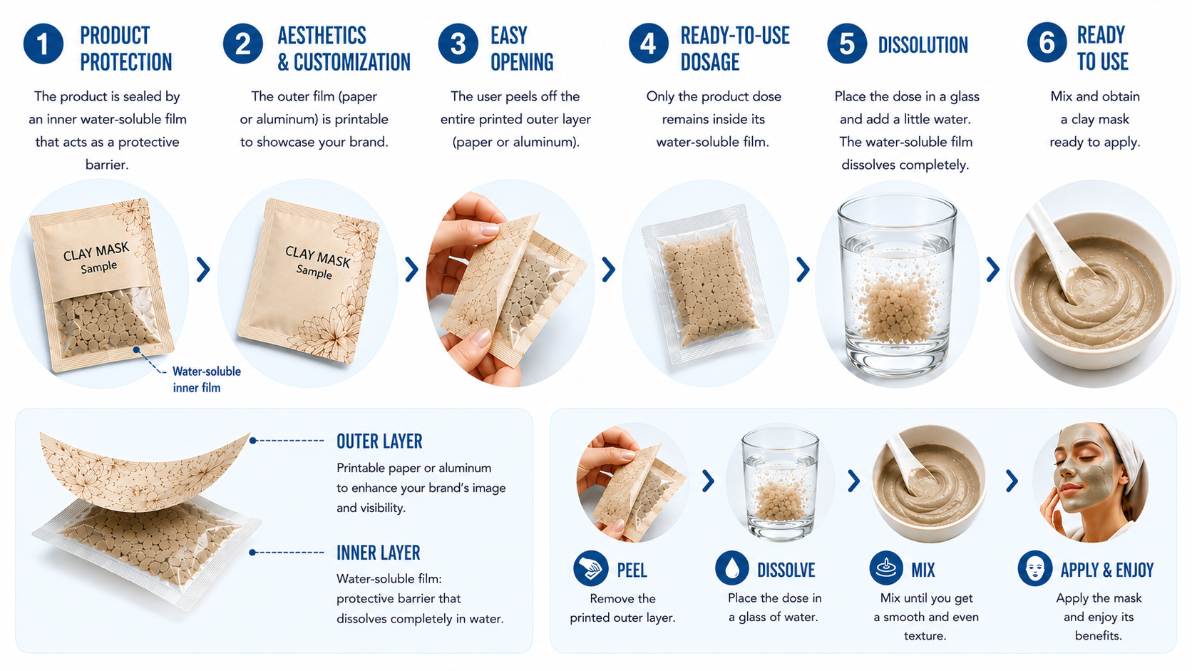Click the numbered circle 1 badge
click(43, 44)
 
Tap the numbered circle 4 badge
click(648, 43)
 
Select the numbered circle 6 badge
click(1047, 43)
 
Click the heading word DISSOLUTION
click(923, 45)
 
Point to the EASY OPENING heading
click(522, 49)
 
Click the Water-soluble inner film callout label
click(207, 379)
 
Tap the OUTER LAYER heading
click(379, 441)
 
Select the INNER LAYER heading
click(379, 553)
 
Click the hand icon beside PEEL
click(591, 568)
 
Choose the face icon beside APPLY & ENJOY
click(1035, 568)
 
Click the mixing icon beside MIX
click(886, 568)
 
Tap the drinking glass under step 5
click(897, 286)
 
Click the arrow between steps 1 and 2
click(202, 270)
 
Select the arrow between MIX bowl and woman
click(1012, 481)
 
